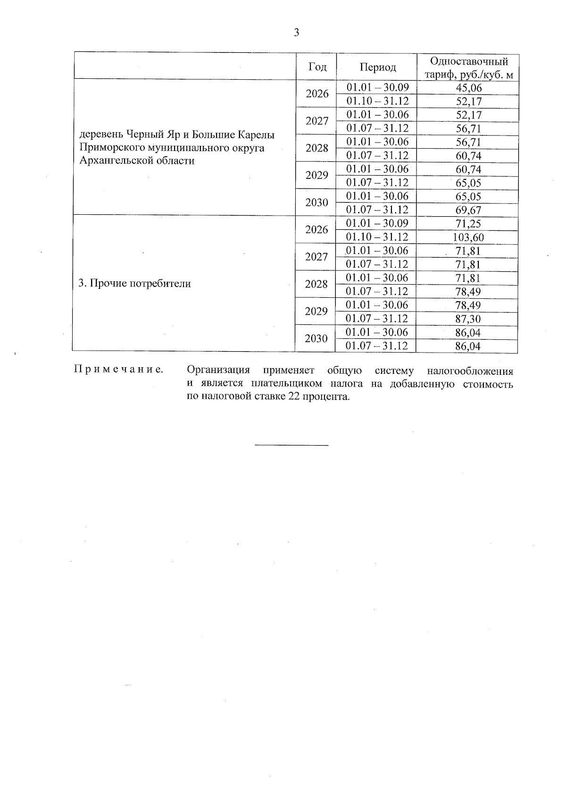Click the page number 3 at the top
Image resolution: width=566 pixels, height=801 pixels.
(296, 33)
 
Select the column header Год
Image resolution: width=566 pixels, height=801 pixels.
(317, 67)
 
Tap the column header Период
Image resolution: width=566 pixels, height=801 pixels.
(378, 67)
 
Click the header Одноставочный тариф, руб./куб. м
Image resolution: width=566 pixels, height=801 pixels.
(469, 67)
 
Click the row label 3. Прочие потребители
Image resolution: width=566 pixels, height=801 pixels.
(135, 284)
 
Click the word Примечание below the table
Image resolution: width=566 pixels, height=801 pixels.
(118, 370)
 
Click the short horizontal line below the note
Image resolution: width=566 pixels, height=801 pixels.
(291, 445)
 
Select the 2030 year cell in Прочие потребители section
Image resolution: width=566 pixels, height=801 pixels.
(316, 339)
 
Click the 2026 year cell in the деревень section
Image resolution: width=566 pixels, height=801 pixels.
(317, 94)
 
